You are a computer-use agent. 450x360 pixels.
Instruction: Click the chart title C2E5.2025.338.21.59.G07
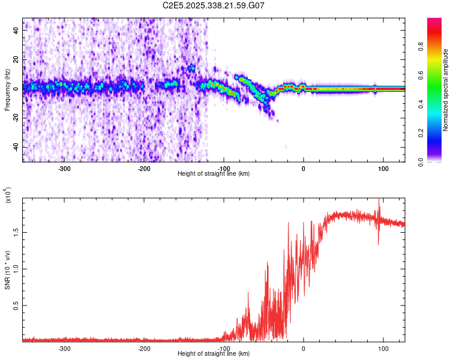[x=214, y=5]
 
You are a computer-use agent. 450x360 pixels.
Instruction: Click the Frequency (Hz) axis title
[x=7, y=89]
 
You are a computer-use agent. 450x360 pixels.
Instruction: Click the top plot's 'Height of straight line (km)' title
[x=214, y=174]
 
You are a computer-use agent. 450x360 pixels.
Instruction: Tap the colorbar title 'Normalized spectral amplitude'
[x=446, y=90]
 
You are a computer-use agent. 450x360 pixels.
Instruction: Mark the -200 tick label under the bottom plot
[x=144, y=349]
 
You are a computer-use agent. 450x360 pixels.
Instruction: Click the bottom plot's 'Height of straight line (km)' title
[x=214, y=355]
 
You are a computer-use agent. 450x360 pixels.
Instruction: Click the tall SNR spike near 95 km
[x=379, y=204]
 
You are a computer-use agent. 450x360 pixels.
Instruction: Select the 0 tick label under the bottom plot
[x=304, y=349]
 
